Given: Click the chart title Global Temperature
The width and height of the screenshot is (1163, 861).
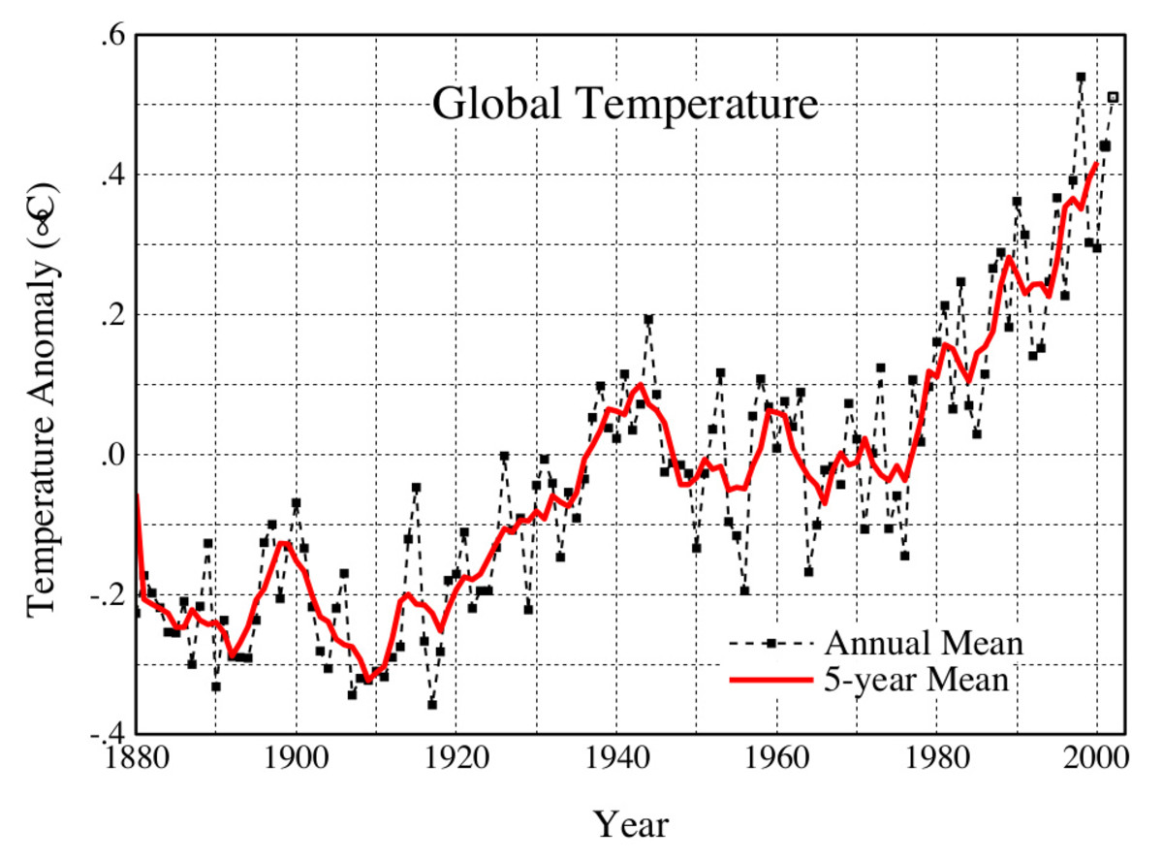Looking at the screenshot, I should click(625, 104).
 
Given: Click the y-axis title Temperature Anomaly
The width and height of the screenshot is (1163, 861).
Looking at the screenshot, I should click(45, 399).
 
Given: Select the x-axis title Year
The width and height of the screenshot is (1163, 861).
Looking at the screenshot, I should click(631, 825).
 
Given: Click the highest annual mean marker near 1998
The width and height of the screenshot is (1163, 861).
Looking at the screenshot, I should click(1081, 77).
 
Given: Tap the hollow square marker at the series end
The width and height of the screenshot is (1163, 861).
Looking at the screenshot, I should click(1113, 97).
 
